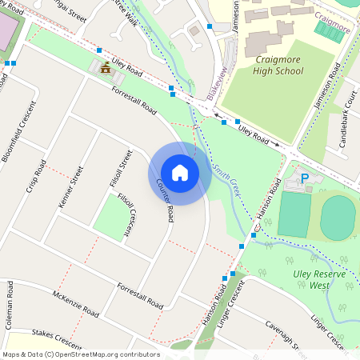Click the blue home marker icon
click(180, 173)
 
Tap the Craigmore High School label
click(268, 65)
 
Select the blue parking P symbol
click(304, 177)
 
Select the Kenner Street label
click(71, 187)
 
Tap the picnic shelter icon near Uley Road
click(105, 68)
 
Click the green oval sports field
click(338, 217)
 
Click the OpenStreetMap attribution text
click(81, 354)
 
